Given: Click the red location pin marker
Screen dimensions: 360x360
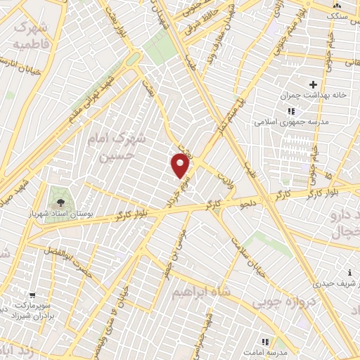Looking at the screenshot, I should [x=181, y=166].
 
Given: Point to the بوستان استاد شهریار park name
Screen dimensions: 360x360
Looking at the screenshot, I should [x=79, y=210].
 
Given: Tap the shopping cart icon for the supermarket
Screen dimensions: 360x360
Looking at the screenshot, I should [x=32, y=295].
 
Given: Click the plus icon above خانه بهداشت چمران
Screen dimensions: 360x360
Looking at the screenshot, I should [x=312, y=84].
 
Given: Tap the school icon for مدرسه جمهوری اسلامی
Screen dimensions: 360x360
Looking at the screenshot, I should [x=291, y=112].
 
